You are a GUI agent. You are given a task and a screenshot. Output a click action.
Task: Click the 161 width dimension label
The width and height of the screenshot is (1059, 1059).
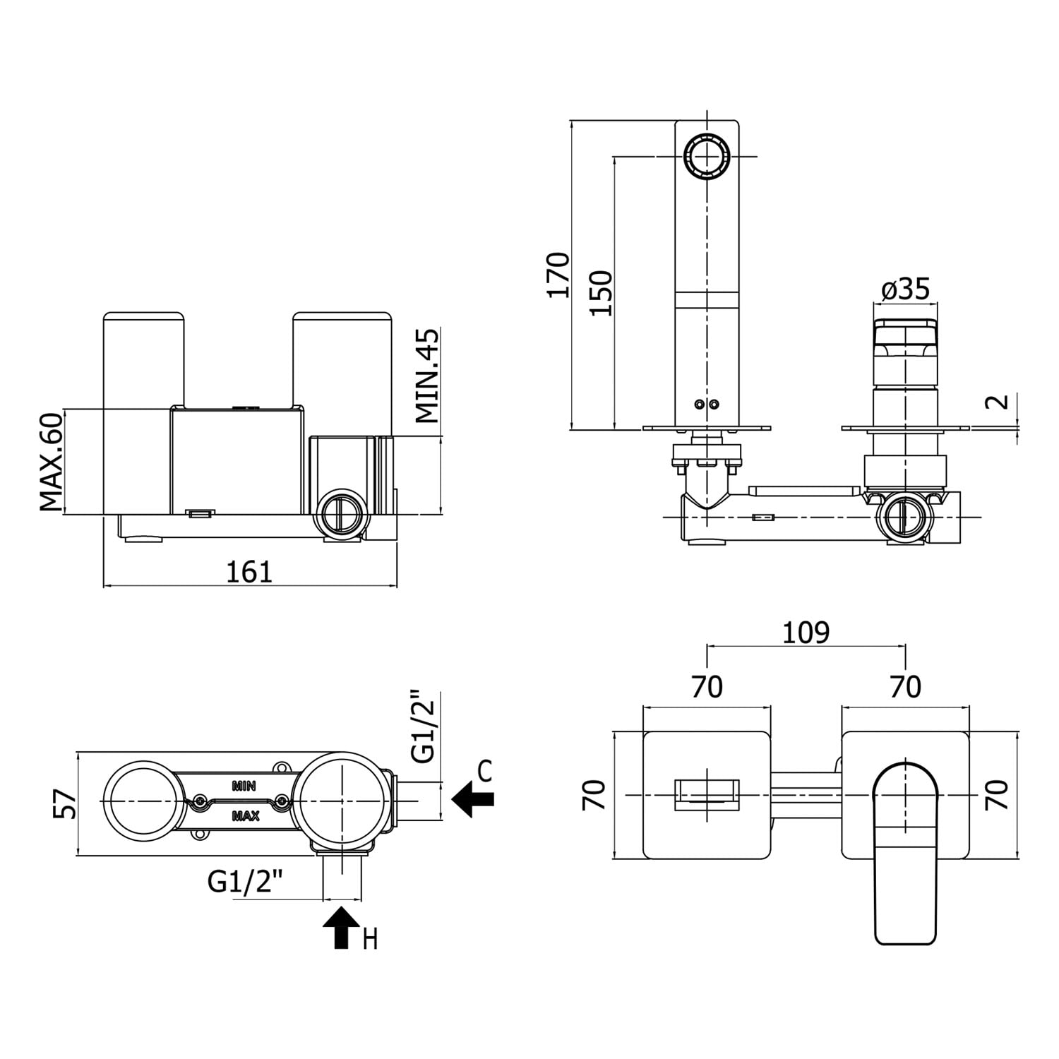click(249, 571)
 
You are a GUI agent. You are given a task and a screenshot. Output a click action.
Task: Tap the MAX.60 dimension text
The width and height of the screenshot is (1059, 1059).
click(51, 462)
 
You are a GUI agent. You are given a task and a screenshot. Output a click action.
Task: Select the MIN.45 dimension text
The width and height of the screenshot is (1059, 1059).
click(427, 376)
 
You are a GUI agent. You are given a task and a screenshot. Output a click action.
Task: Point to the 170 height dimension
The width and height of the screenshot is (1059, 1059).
click(558, 275)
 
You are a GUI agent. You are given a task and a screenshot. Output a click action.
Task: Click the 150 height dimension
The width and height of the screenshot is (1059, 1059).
click(602, 292)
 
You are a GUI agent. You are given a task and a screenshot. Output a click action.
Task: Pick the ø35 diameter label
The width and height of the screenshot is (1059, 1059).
click(906, 289)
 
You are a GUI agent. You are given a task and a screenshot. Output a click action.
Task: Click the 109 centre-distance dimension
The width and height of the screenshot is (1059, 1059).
click(806, 633)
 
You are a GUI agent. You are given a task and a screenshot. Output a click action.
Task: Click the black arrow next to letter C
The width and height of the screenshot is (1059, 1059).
click(472, 799)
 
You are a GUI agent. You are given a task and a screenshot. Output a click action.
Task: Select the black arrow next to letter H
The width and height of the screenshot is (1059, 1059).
click(342, 927)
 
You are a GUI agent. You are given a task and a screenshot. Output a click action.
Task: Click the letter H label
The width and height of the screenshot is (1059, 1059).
click(370, 940)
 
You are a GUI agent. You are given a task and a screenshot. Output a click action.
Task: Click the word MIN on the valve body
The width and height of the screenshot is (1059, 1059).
click(244, 785)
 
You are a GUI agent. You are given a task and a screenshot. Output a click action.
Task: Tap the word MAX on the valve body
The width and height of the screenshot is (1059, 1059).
click(245, 816)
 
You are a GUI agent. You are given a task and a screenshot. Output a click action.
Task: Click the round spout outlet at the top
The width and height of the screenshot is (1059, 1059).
click(706, 156)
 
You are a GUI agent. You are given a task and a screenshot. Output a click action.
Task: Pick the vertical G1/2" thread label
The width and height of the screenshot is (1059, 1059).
click(425, 727)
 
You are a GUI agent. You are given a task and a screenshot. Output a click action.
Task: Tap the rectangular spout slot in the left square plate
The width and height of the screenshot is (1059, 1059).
click(707, 794)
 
